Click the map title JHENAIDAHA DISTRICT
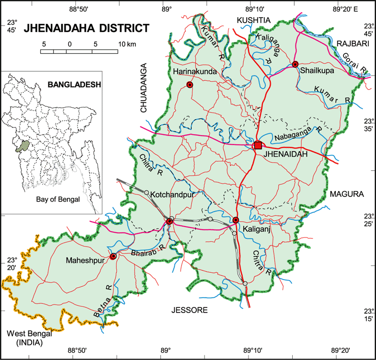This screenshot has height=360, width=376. point(86,28)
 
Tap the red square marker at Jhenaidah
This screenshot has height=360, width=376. point(257,146)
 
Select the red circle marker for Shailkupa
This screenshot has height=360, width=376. point(295,64)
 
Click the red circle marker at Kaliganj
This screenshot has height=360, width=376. point(236,220)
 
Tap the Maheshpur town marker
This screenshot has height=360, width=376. point(114,256)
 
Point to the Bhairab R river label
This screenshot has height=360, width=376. point(148,250)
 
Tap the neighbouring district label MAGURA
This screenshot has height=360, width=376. point(347,194)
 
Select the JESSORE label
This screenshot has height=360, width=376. point(190,311)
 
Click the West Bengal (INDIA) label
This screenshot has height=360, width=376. point(29,338)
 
